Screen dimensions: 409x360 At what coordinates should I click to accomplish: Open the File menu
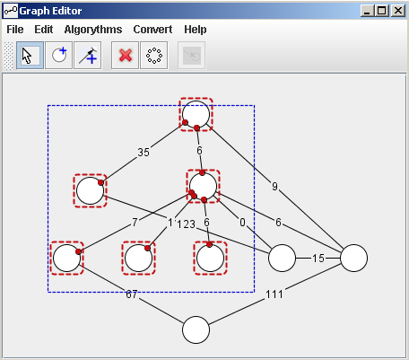[15, 30]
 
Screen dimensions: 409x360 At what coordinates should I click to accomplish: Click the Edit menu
[44, 30]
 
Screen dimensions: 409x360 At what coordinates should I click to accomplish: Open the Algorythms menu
[93, 30]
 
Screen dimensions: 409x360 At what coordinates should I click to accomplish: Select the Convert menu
[152, 30]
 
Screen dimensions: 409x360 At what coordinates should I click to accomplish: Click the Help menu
[196, 30]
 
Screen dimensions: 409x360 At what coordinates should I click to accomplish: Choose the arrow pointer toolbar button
[30, 56]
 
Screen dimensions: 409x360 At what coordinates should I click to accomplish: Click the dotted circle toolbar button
[154, 56]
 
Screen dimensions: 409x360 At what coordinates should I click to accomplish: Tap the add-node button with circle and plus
[58, 56]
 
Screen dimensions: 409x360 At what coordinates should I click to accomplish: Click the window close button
[398, 11]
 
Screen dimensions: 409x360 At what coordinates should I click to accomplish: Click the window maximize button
[382, 11]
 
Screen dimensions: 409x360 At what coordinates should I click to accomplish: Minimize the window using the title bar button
[368, 11]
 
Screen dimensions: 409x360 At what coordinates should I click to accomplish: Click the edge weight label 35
[144, 153]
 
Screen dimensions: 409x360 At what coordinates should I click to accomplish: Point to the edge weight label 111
[274, 294]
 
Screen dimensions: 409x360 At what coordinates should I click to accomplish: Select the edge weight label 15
[318, 258]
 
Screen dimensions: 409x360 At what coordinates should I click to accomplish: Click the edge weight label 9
[274, 187]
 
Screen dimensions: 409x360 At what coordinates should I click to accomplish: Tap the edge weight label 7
[135, 223]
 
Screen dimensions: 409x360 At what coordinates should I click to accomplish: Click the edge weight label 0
[242, 223]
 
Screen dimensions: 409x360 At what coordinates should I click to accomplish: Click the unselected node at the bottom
[196, 329]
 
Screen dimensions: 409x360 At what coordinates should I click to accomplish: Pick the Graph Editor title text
[50, 11]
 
